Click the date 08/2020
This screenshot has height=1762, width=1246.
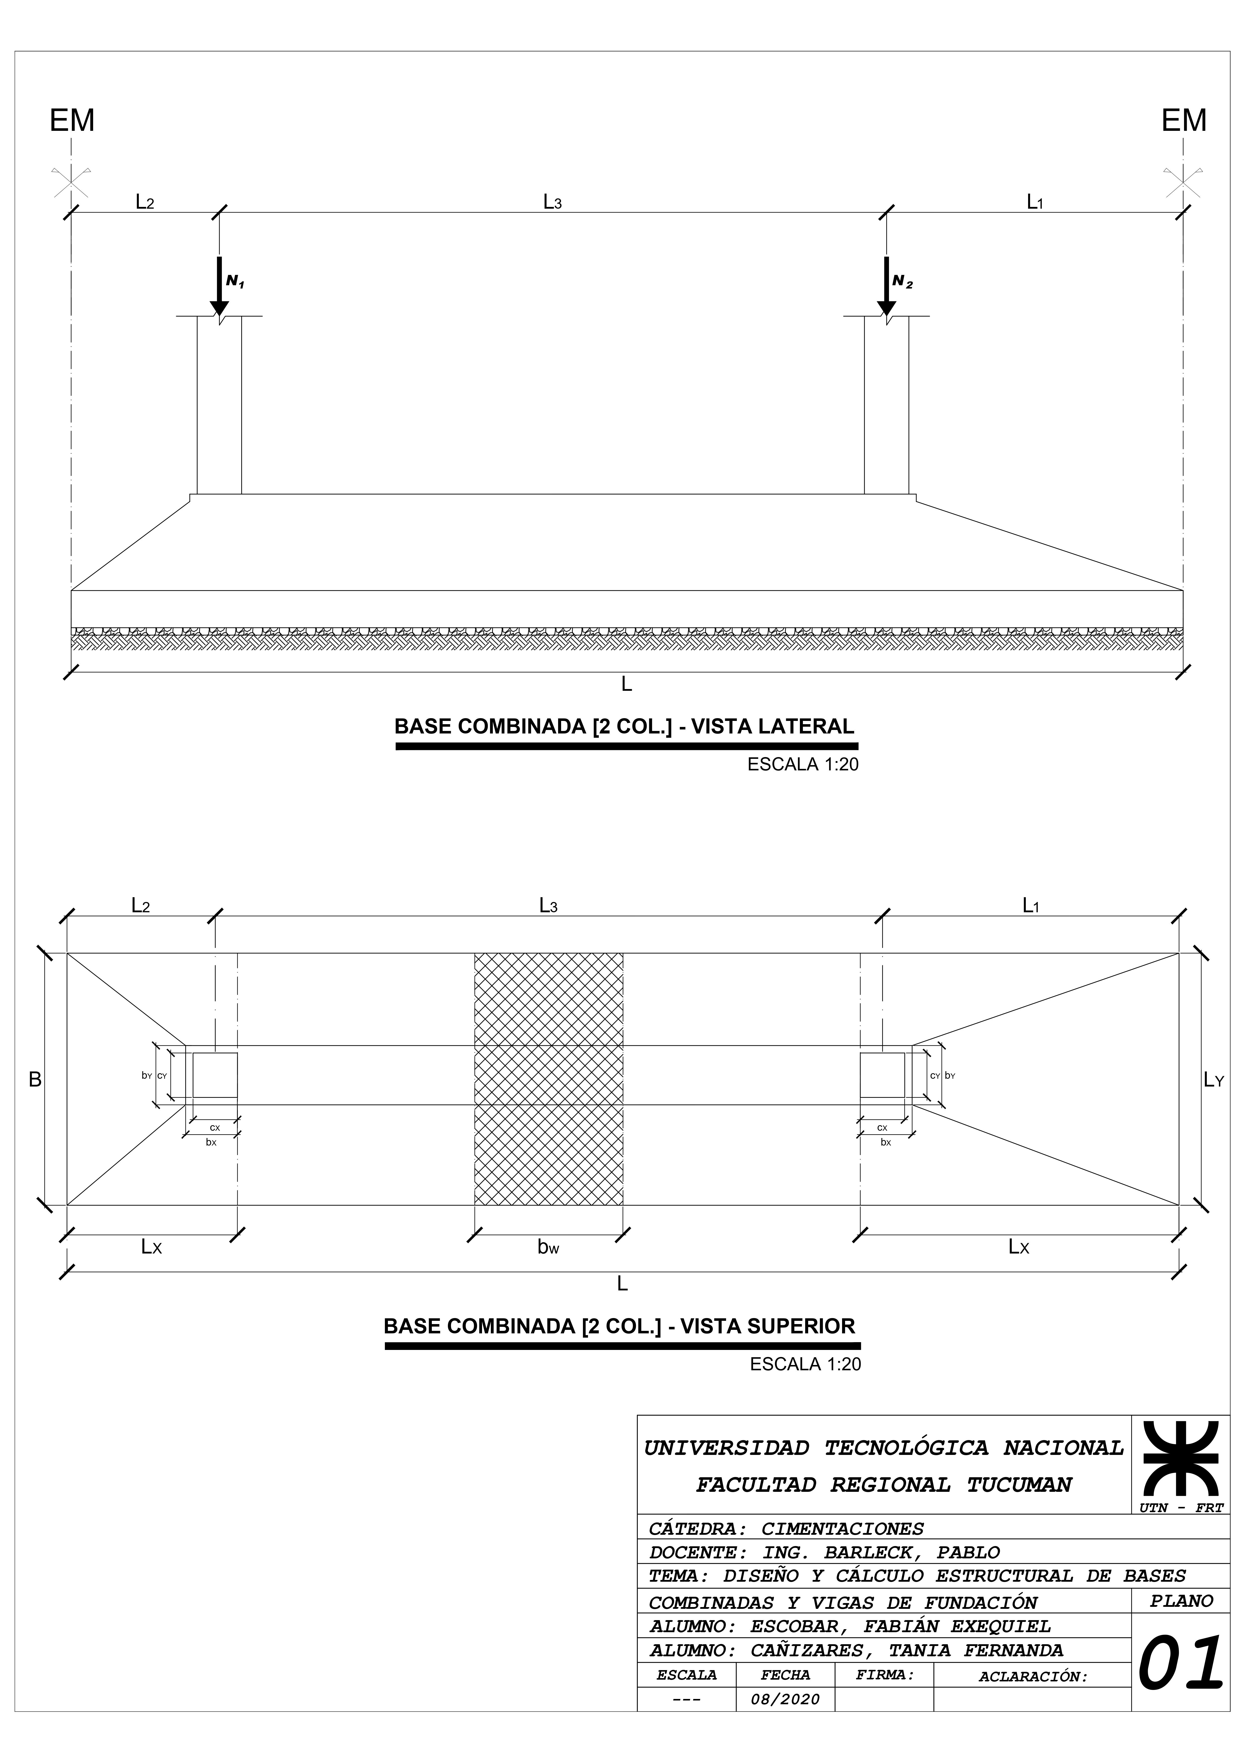(x=785, y=1699)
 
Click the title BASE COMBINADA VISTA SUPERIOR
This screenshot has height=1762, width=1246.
(x=619, y=1326)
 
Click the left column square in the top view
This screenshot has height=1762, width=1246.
(x=215, y=1075)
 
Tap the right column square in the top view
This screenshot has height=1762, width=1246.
(x=882, y=1075)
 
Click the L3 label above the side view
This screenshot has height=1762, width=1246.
(x=552, y=202)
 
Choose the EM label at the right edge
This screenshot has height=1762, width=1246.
(x=1183, y=121)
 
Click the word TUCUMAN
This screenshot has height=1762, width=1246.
(x=1019, y=1485)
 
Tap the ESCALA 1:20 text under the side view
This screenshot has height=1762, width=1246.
(x=803, y=764)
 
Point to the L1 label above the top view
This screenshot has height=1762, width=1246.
(x=1030, y=905)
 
